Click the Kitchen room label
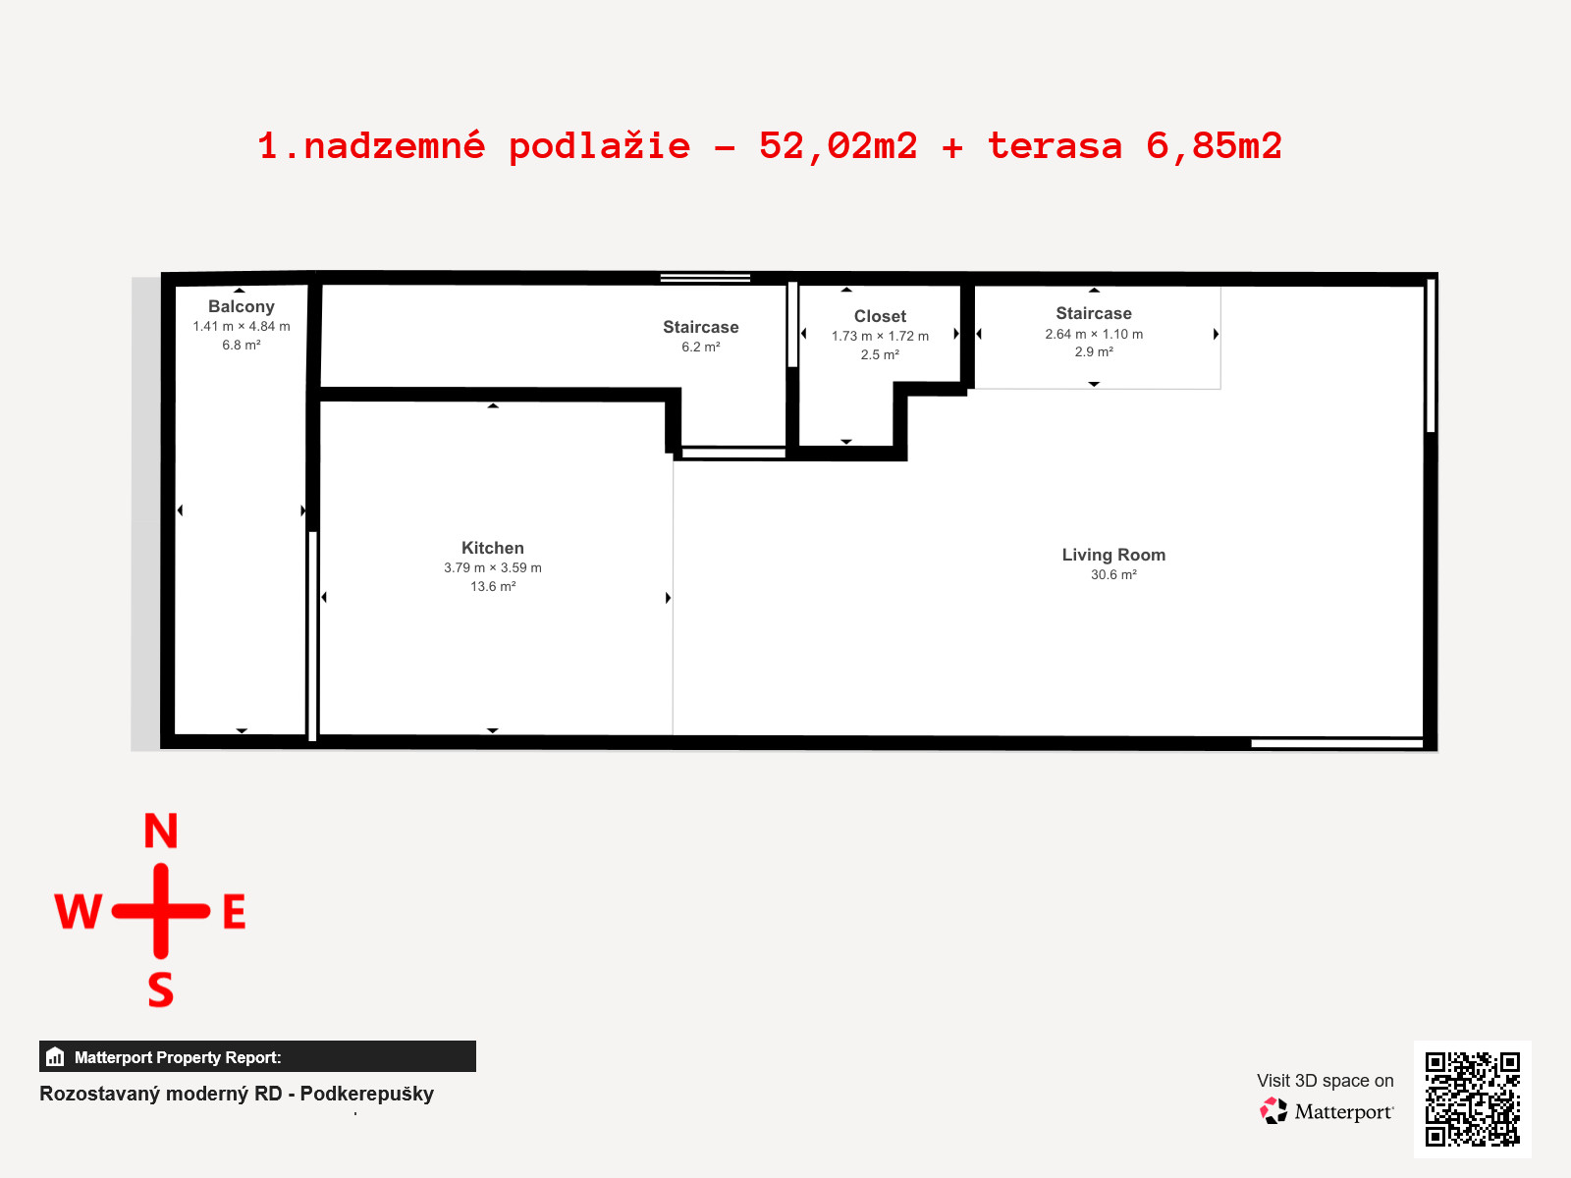click(x=493, y=548)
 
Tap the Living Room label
click(x=1113, y=555)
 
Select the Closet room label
click(x=880, y=316)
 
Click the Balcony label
click(x=242, y=307)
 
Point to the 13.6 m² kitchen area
click(x=493, y=586)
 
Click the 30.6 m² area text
click(x=1113, y=574)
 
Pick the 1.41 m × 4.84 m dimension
click(x=242, y=327)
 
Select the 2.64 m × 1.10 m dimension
click(x=1094, y=334)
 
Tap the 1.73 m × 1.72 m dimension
click(x=880, y=336)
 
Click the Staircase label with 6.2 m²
click(x=701, y=327)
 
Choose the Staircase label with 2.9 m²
click(x=1094, y=313)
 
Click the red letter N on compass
click(x=161, y=830)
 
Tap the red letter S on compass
click(x=161, y=990)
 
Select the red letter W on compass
click(x=78, y=912)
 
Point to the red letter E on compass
click(x=235, y=912)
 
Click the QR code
click(x=1472, y=1099)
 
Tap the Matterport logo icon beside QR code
click(x=1273, y=1111)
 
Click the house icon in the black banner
click(x=55, y=1056)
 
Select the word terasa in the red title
click(x=1055, y=146)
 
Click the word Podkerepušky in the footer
click(x=367, y=1095)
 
